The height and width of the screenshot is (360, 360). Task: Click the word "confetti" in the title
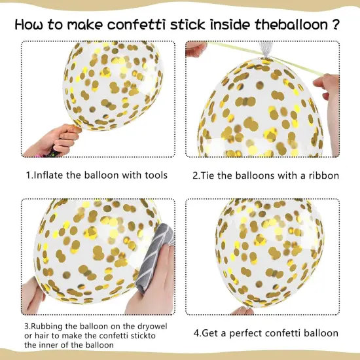tap(136, 25)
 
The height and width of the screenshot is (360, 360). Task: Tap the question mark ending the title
tap(335, 24)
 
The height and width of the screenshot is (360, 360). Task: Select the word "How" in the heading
tap(29, 25)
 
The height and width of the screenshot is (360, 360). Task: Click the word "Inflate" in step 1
tap(48, 175)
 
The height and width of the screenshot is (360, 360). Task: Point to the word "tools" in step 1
tap(156, 175)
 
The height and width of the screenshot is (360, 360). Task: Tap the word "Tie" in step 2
tap(207, 175)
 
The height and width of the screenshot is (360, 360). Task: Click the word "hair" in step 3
tap(41, 336)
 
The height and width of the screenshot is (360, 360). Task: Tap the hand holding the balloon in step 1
tap(53, 141)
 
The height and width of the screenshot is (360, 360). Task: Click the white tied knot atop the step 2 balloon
tap(266, 51)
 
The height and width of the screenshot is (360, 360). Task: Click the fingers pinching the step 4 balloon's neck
tap(242, 310)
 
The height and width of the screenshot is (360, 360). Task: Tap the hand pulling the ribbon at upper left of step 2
tap(196, 50)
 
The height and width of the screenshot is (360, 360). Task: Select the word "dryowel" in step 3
tap(153, 326)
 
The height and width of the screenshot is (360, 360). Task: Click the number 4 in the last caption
tap(196, 333)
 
